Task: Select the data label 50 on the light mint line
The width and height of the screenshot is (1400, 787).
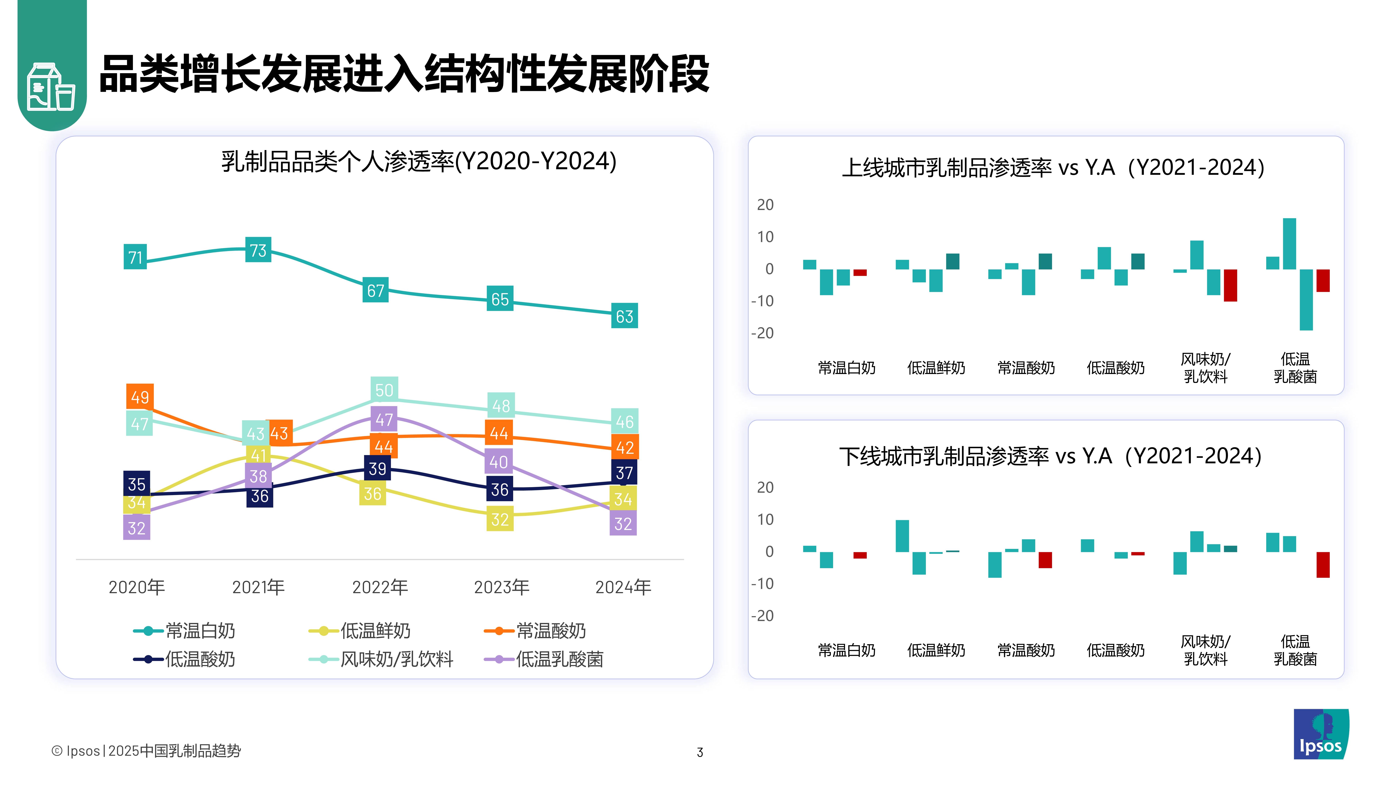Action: pos(384,390)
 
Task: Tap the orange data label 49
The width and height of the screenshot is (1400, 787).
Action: pos(140,397)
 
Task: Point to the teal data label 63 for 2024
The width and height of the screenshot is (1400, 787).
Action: pos(625,316)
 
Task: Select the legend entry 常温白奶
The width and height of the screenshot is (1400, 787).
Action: pos(200,631)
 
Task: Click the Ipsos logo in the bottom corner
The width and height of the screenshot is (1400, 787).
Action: pos(1321,734)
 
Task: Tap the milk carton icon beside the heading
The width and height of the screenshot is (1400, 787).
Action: pos(51,87)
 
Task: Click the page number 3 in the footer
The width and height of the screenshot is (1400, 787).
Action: pos(700,752)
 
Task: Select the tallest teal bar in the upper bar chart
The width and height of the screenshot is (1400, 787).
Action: pos(1290,244)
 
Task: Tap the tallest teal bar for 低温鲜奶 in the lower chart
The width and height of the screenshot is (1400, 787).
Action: pos(902,536)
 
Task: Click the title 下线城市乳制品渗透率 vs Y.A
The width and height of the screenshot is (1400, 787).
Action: pos(1050,456)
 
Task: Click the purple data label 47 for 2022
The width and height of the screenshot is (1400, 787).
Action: pos(384,419)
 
